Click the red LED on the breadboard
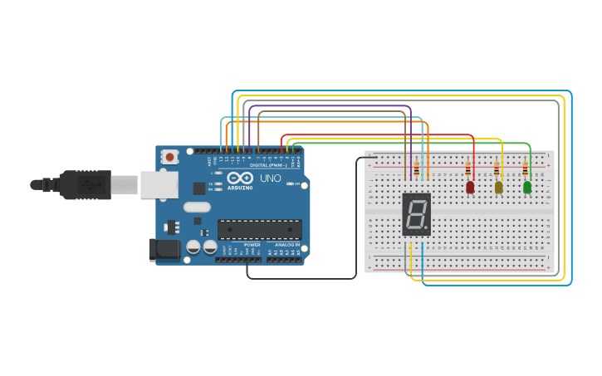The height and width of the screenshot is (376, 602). coord(470,188)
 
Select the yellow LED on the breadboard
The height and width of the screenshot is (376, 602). coord(498,188)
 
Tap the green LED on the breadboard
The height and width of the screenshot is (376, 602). coord(526,188)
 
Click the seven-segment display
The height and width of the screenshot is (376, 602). coord(417,215)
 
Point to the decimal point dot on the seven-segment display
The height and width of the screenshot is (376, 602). coord(428,227)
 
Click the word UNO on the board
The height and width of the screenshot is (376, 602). coord(271,178)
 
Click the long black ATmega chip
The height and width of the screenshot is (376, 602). coord(259,230)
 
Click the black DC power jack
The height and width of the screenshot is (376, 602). coord(164,249)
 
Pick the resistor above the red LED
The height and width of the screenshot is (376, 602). coord(468,170)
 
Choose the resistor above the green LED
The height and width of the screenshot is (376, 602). coord(525,170)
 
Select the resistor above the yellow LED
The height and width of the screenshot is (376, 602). coord(497,170)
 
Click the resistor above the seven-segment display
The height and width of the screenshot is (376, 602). coord(416,169)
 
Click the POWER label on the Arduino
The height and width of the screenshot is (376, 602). coord(252,245)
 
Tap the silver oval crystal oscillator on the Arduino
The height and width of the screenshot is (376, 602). coord(197,208)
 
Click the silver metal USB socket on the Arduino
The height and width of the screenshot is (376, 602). coord(158,184)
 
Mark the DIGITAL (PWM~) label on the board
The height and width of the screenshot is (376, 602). coord(268,165)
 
